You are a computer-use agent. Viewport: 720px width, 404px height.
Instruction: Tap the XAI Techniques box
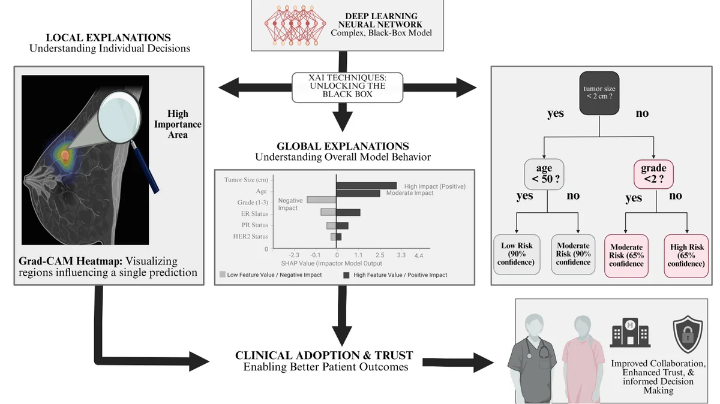[x=347, y=88]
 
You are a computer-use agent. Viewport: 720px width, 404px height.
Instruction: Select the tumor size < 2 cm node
[x=599, y=93]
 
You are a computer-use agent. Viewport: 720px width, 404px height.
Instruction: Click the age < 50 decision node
[x=544, y=174]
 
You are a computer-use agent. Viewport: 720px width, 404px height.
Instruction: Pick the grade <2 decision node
[x=653, y=174]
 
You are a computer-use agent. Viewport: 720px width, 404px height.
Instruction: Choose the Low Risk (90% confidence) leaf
[x=517, y=254]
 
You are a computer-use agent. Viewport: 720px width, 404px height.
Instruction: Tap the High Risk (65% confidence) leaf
[x=686, y=256]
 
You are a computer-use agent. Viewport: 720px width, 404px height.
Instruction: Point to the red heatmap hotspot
[x=65, y=156]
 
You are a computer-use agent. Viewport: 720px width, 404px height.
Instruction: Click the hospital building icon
[x=630, y=333]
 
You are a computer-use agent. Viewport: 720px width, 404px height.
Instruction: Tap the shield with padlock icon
[x=688, y=334]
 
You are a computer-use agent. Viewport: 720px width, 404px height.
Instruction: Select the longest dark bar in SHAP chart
[x=367, y=186]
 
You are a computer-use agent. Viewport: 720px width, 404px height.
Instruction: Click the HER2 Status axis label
[x=250, y=236]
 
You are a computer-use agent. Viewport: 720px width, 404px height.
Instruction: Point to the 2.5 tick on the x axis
[x=380, y=255]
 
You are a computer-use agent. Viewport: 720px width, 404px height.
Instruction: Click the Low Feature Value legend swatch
[x=223, y=275]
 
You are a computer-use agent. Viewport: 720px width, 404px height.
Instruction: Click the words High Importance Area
[x=178, y=124]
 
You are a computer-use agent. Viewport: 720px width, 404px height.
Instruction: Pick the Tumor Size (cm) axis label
[x=246, y=180]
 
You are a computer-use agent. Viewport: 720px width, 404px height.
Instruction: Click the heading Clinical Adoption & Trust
[x=325, y=355]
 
